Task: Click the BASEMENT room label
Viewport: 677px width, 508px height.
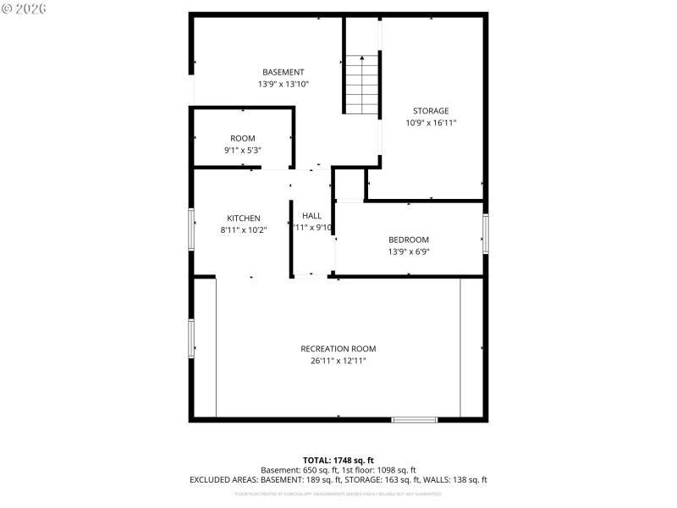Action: [283, 72]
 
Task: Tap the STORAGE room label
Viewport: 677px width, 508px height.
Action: [431, 111]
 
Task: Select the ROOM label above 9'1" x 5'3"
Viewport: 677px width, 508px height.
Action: [243, 138]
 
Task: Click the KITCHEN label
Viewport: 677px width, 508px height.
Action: [243, 218]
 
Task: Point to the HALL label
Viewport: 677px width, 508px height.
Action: [311, 216]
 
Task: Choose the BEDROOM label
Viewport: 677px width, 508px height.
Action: [409, 240]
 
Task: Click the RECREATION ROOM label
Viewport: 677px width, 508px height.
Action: [338, 349]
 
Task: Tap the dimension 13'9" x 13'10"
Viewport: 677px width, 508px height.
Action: [283, 85]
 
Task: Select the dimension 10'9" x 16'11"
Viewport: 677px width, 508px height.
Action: [431, 123]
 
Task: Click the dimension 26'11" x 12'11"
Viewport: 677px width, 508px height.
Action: [338, 361]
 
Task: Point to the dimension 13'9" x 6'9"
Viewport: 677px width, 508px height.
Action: [409, 251]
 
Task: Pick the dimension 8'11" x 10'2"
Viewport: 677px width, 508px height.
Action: [243, 229]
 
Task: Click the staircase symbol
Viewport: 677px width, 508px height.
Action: [361, 85]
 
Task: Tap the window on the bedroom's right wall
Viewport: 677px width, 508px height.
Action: [486, 234]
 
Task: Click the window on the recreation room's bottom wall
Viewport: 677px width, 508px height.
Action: [415, 418]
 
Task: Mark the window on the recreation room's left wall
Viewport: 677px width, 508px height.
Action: [191, 338]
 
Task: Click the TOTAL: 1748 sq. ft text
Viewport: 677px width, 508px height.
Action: [338, 460]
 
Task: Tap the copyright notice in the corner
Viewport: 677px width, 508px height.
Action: [25, 8]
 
